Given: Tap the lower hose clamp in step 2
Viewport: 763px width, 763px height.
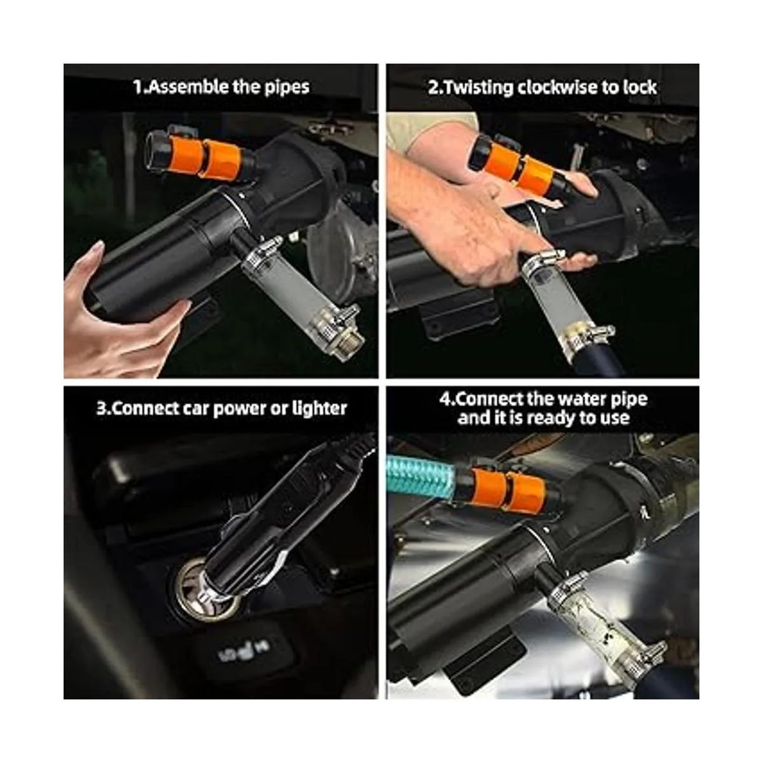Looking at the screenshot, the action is [586, 334].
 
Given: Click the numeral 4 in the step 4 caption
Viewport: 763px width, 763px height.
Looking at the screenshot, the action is [445, 399].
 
